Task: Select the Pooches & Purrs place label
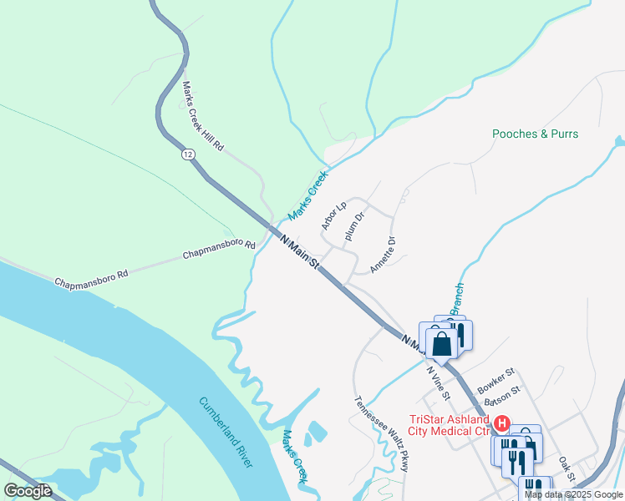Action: [535, 134]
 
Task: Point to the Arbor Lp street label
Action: [333, 216]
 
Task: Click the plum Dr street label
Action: [356, 226]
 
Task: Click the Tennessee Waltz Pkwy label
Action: [382, 433]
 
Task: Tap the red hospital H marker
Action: [502, 423]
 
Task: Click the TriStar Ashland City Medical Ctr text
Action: [448, 426]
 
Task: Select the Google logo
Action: [28, 491]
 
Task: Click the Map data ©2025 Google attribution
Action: [573, 494]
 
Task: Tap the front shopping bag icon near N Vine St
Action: [441, 343]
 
